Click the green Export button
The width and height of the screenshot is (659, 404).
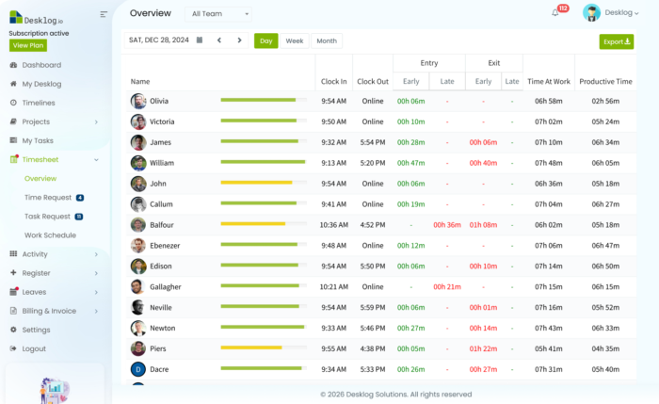pos(617,41)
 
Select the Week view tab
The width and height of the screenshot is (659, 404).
pos(295,40)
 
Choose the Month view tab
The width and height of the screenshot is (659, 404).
pos(326,40)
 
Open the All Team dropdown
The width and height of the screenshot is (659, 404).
pos(220,14)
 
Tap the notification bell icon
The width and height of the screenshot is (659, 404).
pos(555,12)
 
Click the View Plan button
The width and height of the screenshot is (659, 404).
pos(26,45)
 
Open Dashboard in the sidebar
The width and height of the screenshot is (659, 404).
pos(41,65)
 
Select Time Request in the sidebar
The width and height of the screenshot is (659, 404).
pos(48,198)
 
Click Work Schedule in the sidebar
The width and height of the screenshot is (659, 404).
pos(50,234)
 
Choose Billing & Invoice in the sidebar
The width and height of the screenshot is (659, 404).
pos(49,311)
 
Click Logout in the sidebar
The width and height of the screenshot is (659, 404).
pos(34,348)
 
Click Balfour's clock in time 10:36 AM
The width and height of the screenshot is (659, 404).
pos(333,225)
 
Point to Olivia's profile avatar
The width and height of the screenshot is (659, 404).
pos(138,101)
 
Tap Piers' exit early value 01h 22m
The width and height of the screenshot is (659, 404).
pos(483,348)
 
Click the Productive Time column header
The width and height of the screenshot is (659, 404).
pos(604,82)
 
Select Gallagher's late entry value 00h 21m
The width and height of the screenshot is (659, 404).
pos(446,286)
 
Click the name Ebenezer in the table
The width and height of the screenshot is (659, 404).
pos(166,245)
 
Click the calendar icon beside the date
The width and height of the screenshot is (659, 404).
pos(200,40)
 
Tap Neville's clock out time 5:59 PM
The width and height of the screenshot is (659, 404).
pos(373,307)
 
